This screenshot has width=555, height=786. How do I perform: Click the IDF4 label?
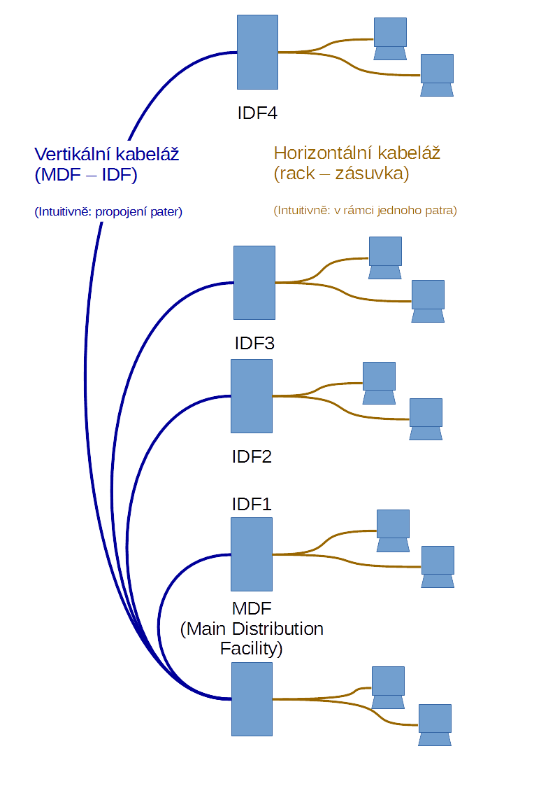pos(257,113)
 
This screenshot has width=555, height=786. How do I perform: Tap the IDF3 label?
pos(254,344)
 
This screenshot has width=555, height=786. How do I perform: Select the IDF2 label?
pos(252,457)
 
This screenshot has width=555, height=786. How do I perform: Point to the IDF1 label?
pos(252,504)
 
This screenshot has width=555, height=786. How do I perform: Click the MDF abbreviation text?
pos(252,606)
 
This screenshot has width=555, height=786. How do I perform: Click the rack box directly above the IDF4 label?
pos(257,52)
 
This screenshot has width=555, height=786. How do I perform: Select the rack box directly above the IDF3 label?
pos(254,283)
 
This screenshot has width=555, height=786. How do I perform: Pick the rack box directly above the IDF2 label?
pos(252,396)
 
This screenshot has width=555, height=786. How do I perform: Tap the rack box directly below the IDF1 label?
pos(252,554)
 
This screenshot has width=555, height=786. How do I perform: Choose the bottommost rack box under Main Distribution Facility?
pos(252,699)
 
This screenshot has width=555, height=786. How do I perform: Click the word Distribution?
pos(278,629)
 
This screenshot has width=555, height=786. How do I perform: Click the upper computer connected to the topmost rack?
pos(390,39)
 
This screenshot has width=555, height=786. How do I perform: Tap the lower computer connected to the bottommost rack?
pos(435,725)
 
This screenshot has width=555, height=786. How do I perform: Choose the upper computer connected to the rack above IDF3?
pos(385,258)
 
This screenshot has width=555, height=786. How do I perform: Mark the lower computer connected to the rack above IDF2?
pos(426,419)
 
